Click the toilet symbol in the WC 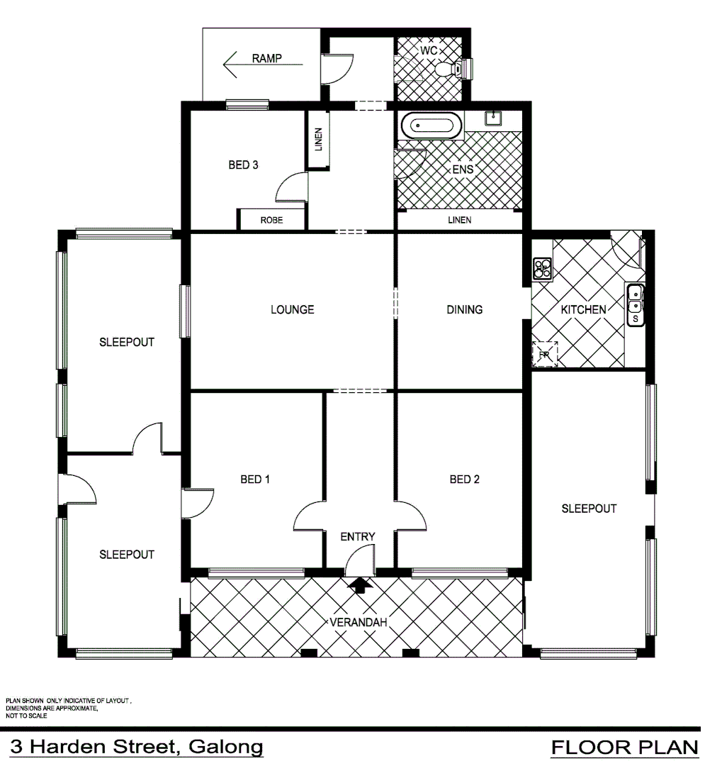tap(450, 69)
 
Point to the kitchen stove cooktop tap(542, 268)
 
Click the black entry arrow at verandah tap(360, 585)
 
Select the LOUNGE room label tap(292, 309)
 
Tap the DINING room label tap(464, 309)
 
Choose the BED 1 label tap(255, 479)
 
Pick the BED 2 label tap(465, 479)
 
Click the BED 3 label tap(243, 165)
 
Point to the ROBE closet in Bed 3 tap(271, 220)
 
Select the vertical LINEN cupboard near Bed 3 tap(318, 140)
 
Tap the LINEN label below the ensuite tap(459, 220)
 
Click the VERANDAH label tap(359, 623)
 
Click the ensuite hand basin tap(494, 118)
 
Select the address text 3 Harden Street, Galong tap(136, 747)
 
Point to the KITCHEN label tap(583, 309)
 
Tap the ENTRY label tap(357, 537)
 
